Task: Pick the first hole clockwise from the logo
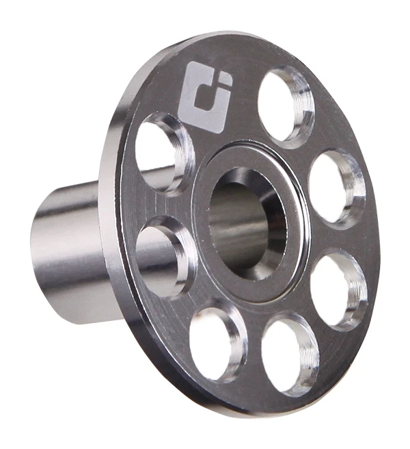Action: [280, 103]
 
